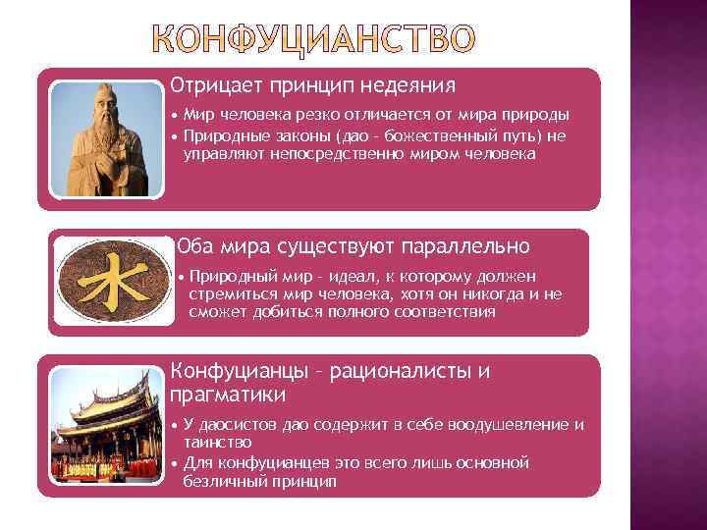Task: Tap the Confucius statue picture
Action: (x=106, y=138)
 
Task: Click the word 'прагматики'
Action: (x=228, y=395)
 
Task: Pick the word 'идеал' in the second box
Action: (x=350, y=277)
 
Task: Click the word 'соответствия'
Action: (x=448, y=312)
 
